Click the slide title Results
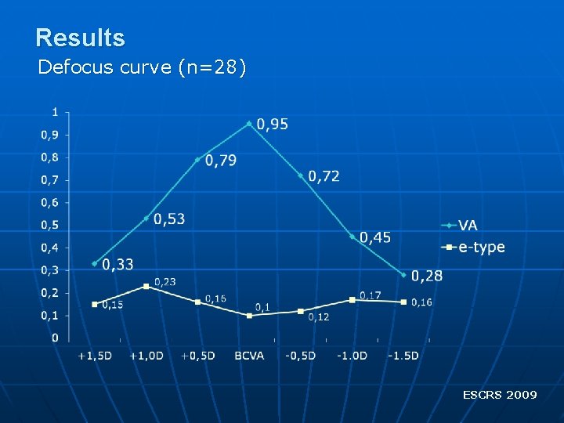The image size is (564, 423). (80, 38)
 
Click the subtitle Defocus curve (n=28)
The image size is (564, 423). (142, 67)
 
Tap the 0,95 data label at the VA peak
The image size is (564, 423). (272, 124)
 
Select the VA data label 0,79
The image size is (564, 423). (221, 161)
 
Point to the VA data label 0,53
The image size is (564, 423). (169, 219)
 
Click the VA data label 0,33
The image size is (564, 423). (117, 264)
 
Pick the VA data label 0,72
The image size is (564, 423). (324, 176)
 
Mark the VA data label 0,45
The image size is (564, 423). (375, 237)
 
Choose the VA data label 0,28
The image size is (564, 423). (427, 276)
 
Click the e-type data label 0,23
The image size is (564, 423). (164, 282)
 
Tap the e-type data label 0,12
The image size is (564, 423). (319, 317)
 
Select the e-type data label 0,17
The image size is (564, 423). (370, 295)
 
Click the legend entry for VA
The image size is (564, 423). (468, 226)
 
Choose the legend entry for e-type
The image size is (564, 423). (481, 248)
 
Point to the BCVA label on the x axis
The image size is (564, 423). (249, 356)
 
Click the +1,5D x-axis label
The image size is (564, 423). (95, 356)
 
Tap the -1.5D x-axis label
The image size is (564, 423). (403, 356)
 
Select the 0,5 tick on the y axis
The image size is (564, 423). (49, 225)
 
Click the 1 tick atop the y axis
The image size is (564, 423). (54, 112)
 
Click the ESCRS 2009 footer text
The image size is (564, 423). (500, 395)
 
